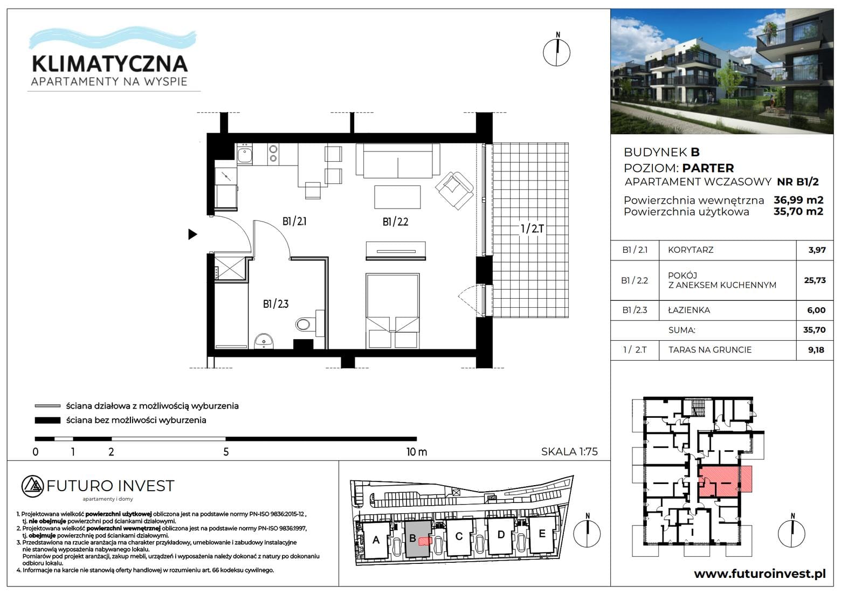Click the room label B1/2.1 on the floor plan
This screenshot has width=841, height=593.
(294, 222)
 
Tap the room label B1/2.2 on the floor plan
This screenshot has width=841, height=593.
(395, 222)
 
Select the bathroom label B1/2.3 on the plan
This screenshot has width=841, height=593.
(275, 304)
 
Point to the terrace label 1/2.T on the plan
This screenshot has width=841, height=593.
(533, 229)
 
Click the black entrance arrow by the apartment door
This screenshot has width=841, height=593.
(192, 235)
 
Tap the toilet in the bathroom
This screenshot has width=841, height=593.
(308, 324)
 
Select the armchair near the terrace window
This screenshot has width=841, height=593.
(454, 190)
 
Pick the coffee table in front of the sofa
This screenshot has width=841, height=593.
(397, 197)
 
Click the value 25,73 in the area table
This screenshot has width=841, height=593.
(815, 280)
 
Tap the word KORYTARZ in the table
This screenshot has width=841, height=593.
(691, 250)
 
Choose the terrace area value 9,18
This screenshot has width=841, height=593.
(816, 350)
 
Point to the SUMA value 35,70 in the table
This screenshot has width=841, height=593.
(815, 330)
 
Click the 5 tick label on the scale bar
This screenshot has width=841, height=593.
(226, 452)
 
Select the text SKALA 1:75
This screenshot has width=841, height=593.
(569, 451)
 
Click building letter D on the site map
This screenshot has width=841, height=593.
(501, 534)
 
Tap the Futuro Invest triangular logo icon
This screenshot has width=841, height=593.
(33, 486)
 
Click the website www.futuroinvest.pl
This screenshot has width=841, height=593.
(760, 574)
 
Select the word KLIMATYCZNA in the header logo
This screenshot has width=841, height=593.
(109, 64)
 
